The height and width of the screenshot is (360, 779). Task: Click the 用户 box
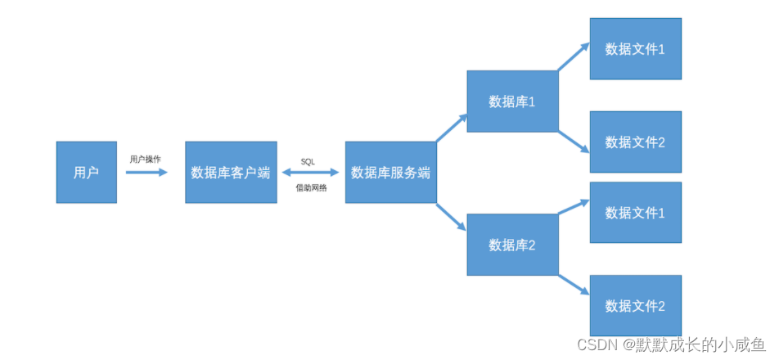coord(86,172)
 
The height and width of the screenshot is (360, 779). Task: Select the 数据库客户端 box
coord(230,172)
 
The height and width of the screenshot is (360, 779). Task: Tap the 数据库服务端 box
coord(390,172)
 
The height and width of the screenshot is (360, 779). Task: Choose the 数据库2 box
coord(512,244)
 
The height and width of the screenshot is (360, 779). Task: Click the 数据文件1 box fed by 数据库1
coord(635,49)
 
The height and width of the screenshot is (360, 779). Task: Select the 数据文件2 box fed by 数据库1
coord(635,142)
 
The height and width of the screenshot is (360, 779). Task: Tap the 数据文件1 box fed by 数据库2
coord(635,213)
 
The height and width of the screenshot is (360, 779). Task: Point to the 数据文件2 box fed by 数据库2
coord(635,305)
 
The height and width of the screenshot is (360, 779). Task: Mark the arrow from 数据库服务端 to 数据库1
coord(452,128)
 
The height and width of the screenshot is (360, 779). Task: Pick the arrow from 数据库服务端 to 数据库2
coord(452,217)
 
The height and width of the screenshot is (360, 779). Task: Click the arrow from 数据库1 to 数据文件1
coord(574,58)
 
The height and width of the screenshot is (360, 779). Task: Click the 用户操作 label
coord(145,159)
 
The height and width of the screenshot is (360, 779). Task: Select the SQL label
coord(308,161)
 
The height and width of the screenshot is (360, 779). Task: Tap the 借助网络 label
coord(311,187)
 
